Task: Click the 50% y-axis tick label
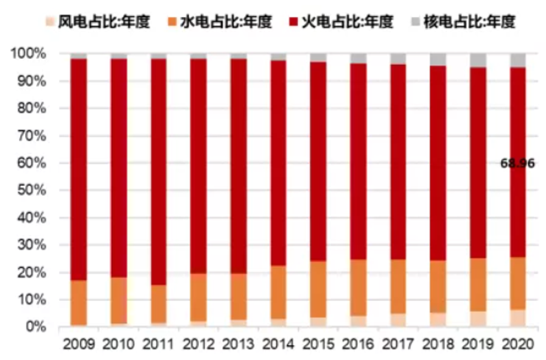coord(29,191)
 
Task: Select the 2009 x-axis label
coord(79,344)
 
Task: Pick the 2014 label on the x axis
coord(278,344)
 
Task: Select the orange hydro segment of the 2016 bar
coord(358,287)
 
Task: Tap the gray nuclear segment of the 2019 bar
coord(477,60)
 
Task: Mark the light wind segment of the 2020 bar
coord(518,318)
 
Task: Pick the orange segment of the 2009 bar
coord(79,303)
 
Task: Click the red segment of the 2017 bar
coord(398,162)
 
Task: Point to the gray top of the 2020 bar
coord(518,60)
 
